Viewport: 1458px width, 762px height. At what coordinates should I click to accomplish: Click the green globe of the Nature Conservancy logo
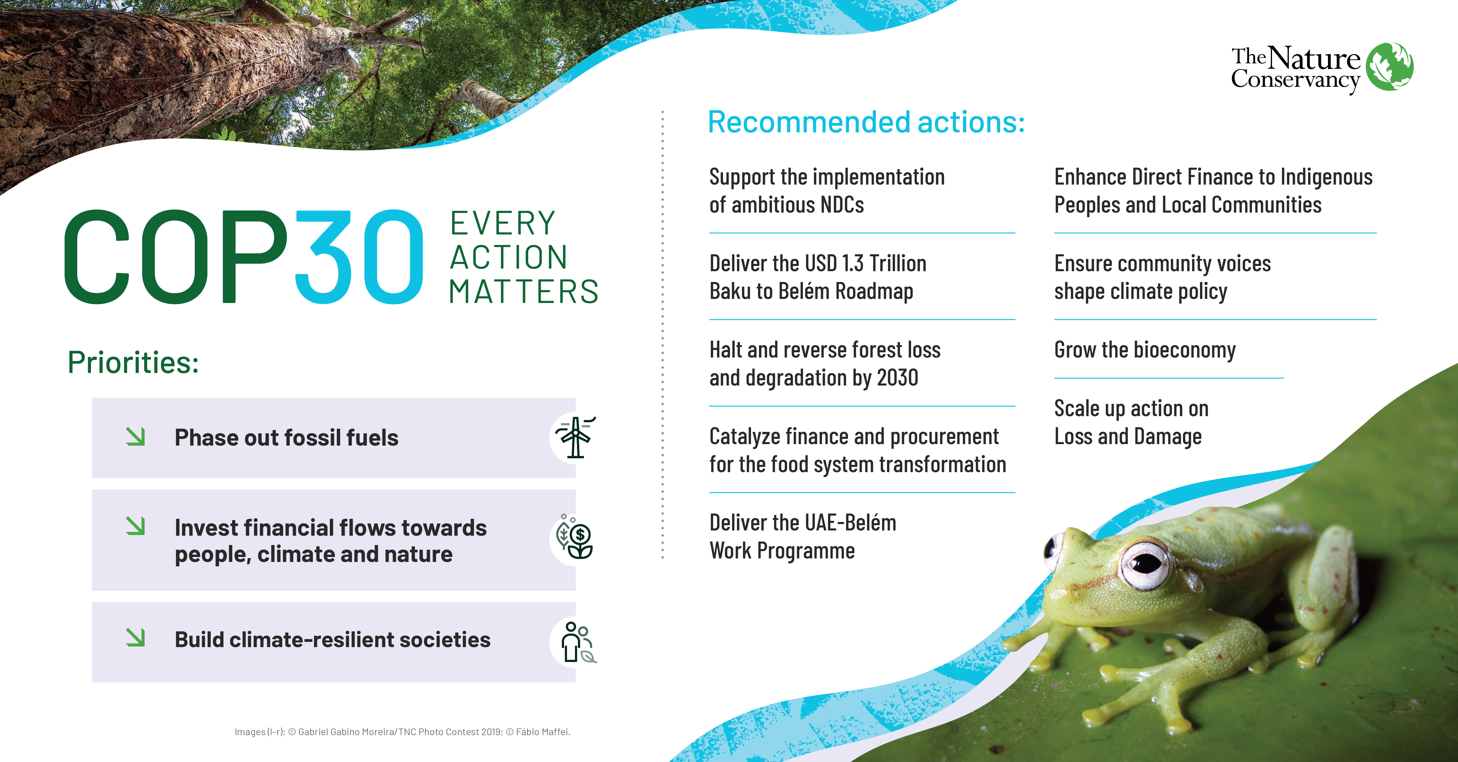(x=1389, y=67)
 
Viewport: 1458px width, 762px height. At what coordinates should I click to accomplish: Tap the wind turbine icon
(x=575, y=437)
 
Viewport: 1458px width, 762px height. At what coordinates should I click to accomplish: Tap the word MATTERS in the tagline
(x=524, y=292)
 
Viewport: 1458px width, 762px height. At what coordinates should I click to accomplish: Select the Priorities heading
(x=133, y=362)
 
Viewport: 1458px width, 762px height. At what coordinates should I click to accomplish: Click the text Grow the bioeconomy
(x=1144, y=350)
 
